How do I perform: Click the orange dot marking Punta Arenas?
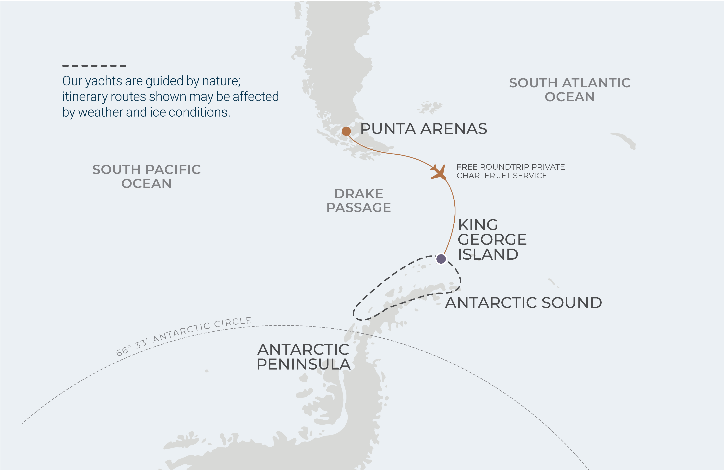click(346, 131)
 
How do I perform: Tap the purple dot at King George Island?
click(441, 259)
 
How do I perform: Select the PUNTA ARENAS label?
click(423, 129)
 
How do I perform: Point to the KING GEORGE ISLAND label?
click(492, 240)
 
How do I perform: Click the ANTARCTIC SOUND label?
click(523, 303)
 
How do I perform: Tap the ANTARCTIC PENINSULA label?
click(304, 357)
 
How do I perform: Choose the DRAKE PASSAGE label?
click(359, 201)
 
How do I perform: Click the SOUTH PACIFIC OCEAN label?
click(146, 177)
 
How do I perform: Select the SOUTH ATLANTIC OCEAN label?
click(570, 90)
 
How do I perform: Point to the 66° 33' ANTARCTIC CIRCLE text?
click(184, 336)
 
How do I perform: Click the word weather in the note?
click(100, 113)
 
